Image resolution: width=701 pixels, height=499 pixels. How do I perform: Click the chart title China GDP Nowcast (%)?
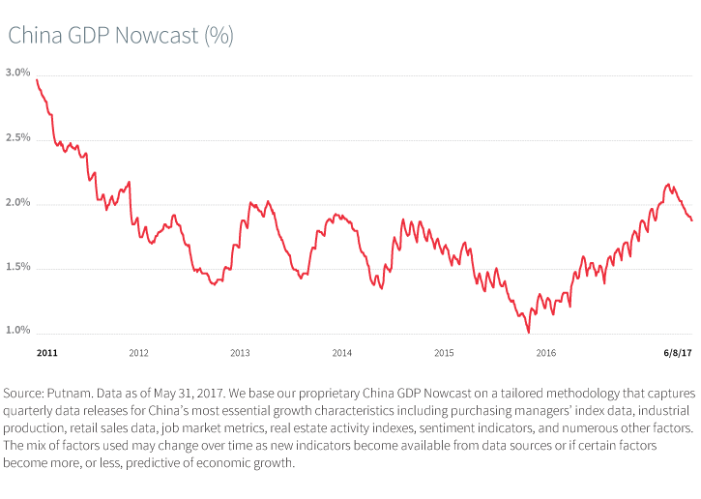coord(121,35)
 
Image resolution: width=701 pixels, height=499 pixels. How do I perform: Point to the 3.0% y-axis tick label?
coord(17,73)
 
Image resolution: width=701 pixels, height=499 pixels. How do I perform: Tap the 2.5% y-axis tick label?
coord(17,138)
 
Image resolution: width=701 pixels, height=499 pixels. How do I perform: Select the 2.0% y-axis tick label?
coord(17,203)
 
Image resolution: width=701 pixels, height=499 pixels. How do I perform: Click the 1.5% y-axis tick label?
coord(17,267)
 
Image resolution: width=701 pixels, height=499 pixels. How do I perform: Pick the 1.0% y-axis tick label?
coord(17,331)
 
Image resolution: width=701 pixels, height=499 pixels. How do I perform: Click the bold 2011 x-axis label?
coord(46,354)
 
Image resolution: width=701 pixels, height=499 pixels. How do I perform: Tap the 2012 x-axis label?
coord(138,354)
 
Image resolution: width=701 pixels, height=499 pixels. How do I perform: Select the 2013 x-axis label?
coord(240,354)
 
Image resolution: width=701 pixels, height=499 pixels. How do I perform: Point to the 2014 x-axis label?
coord(341,354)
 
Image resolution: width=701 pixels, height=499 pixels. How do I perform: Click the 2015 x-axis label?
coord(444,354)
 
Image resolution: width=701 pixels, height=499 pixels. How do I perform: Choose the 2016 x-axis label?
coord(545,354)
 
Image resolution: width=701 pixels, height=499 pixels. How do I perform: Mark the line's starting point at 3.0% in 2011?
coord(37,79)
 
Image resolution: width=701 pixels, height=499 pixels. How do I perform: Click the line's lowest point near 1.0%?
coord(529,332)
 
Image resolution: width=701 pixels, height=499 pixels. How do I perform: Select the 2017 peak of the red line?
coord(668,184)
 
